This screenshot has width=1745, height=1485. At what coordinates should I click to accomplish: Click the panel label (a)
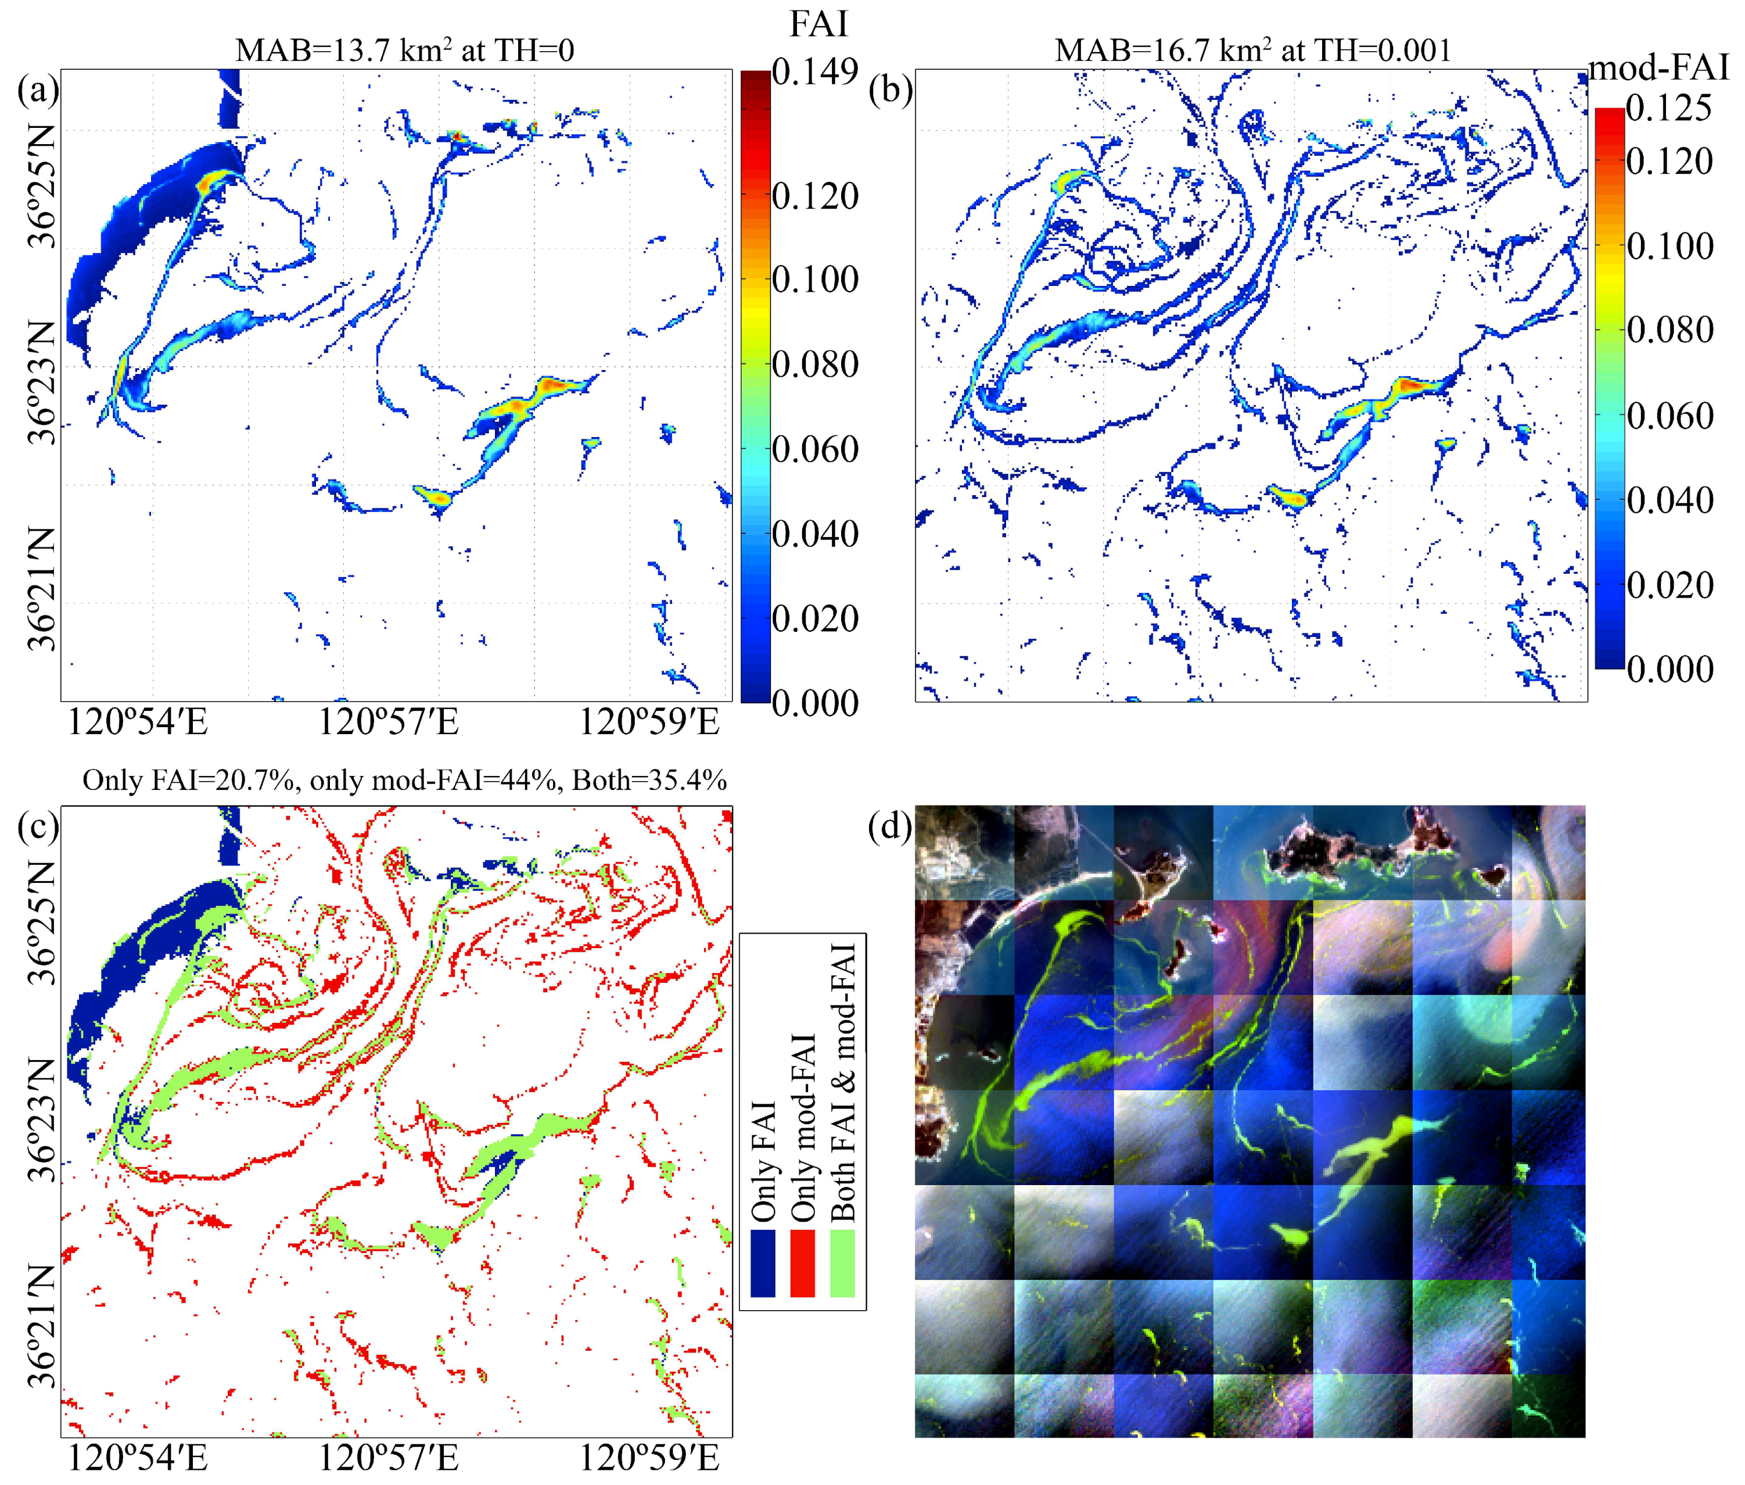point(38,90)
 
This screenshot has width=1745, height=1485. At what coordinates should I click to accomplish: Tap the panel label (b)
point(890,90)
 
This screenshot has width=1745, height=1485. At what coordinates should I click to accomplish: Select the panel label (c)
point(38,826)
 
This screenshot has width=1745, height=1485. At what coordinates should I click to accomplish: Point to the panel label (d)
point(890,826)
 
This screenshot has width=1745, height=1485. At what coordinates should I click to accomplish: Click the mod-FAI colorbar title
point(1657,67)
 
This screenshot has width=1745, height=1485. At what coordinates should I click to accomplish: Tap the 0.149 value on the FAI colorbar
point(814,73)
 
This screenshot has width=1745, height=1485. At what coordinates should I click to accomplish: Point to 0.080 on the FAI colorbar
point(814,364)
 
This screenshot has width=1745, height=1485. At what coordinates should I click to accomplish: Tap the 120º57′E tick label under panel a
point(388,722)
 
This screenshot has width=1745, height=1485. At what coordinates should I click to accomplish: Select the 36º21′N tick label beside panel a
point(41,589)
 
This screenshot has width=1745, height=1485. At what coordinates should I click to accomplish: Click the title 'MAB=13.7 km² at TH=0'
point(405,51)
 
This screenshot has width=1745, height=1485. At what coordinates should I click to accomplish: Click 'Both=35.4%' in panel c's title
point(649,781)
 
